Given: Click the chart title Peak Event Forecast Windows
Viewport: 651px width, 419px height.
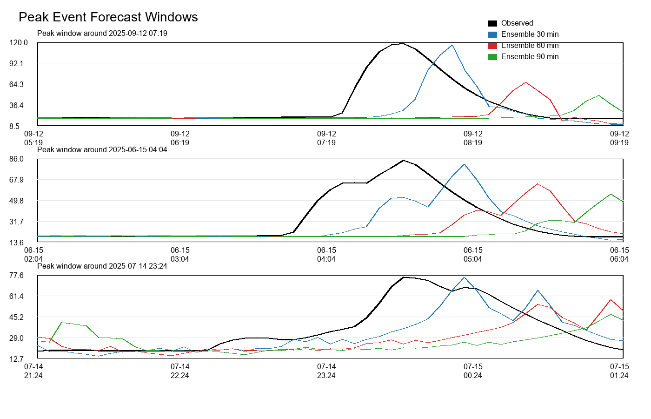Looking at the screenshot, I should (108, 17).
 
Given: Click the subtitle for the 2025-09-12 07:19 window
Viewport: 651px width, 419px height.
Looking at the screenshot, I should (102, 34).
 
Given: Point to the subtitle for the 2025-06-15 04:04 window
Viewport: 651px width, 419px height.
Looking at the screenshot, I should (102, 150).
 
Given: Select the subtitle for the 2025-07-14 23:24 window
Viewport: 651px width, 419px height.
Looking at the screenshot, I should (102, 266).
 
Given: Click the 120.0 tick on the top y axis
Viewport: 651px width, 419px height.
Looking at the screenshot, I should (19, 43).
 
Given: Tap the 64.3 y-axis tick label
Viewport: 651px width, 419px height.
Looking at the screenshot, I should (17, 85).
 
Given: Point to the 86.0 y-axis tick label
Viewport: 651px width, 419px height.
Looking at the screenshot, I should (17, 159).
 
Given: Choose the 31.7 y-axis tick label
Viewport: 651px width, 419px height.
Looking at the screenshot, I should (17, 222).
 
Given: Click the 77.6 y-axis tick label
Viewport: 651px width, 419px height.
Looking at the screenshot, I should (17, 276).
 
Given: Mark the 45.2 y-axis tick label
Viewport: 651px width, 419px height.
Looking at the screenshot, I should (17, 318).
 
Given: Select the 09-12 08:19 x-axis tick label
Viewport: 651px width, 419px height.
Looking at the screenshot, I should (473, 138).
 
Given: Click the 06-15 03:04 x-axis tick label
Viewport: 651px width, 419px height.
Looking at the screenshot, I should (180, 255).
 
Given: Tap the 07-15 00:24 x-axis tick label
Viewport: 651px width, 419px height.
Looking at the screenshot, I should (473, 371).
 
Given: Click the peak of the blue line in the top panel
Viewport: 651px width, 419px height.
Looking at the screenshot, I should (452, 45).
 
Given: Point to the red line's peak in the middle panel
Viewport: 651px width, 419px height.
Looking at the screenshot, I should (538, 184).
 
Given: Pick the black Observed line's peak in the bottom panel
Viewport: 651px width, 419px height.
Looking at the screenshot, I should (404, 277).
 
